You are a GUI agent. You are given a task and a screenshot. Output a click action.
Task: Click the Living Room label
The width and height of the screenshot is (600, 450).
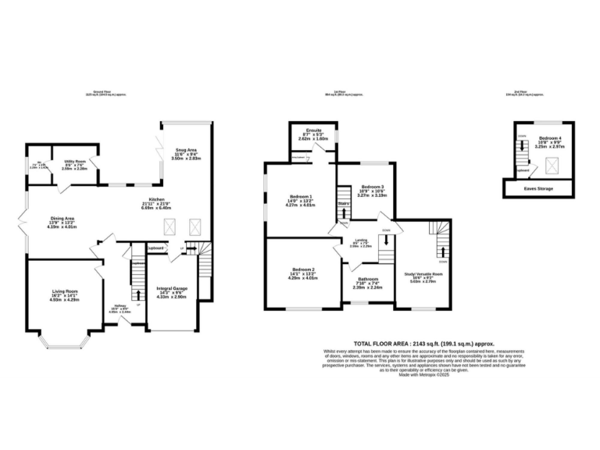pyautogui.click(x=66, y=295)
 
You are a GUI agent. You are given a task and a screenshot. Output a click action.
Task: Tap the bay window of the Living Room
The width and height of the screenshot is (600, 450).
pyautogui.click(x=66, y=342)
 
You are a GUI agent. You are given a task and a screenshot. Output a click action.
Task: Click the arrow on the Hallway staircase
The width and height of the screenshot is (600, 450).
pyautogui.click(x=139, y=295)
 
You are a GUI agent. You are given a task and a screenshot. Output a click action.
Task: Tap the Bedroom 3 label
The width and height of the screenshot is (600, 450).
pyautogui.click(x=372, y=188)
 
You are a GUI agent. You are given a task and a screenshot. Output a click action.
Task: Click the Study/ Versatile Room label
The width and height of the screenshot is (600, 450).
pyautogui.click(x=423, y=274)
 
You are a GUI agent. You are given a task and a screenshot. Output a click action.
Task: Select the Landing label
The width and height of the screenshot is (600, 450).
pyautogui.click(x=360, y=241)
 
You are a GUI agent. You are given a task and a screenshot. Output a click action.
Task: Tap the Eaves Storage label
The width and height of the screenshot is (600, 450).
pyautogui.click(x=539, y=188)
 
